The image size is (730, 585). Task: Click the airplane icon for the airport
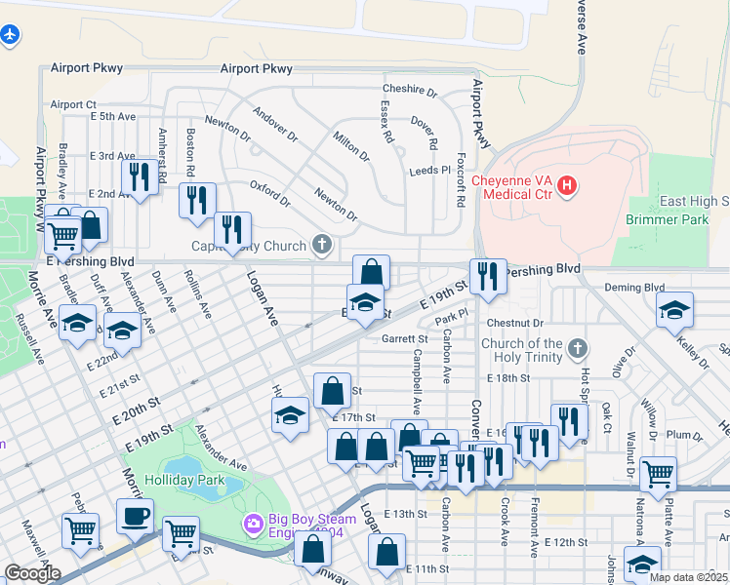11,35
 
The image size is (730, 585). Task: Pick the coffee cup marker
135,515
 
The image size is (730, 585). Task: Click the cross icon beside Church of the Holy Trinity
578,347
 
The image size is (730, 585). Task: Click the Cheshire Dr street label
410,90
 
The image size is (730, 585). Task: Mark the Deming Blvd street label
633,288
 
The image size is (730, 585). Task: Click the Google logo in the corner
31,573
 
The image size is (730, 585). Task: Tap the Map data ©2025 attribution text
687,577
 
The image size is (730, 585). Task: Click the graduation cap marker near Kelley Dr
674,309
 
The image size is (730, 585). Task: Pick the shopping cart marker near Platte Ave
658,474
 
